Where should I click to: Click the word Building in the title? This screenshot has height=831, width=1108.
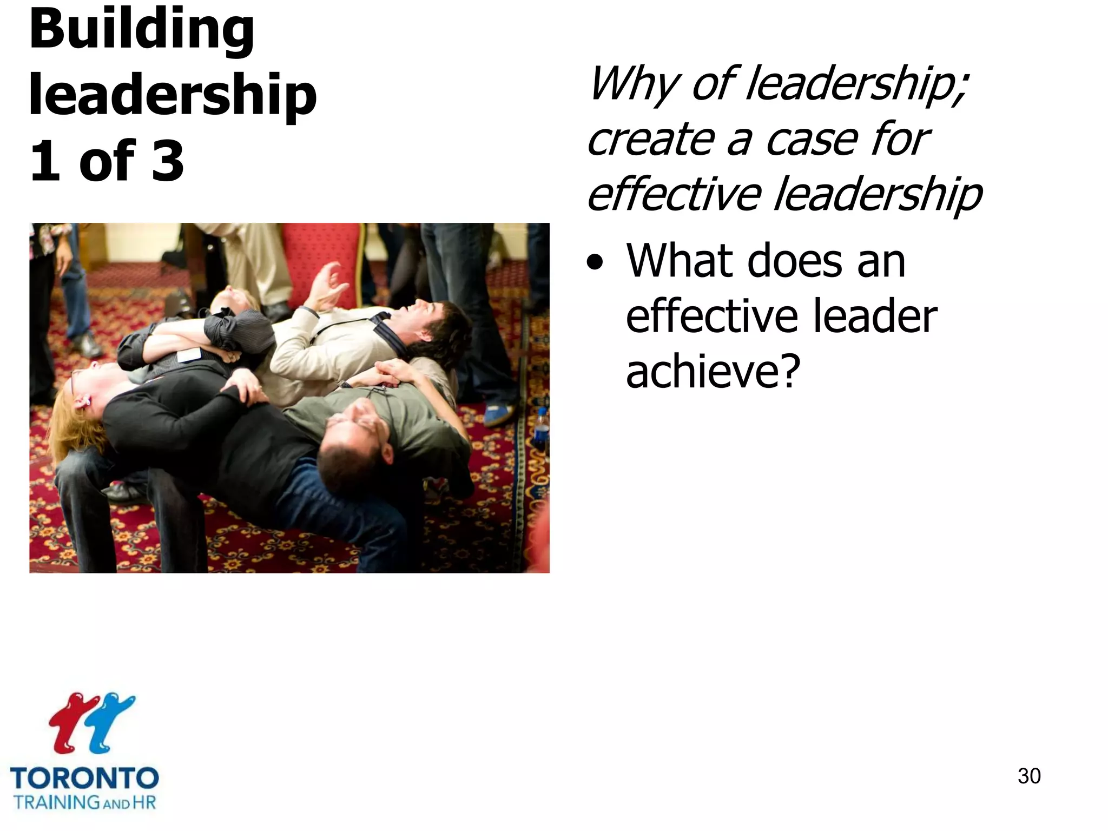click(x=142, y=30)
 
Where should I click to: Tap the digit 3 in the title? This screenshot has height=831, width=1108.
click(x=168, y=161)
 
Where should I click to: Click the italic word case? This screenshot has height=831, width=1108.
click(x=812, y=140)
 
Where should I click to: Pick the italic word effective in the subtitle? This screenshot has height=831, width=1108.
click(x=673, y=195)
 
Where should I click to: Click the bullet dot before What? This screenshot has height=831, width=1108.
click(x=595, y=263)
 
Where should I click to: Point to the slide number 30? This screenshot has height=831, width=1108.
click(x=1028, y=776)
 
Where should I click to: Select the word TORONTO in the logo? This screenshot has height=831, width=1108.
click(x=84, y=779)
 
